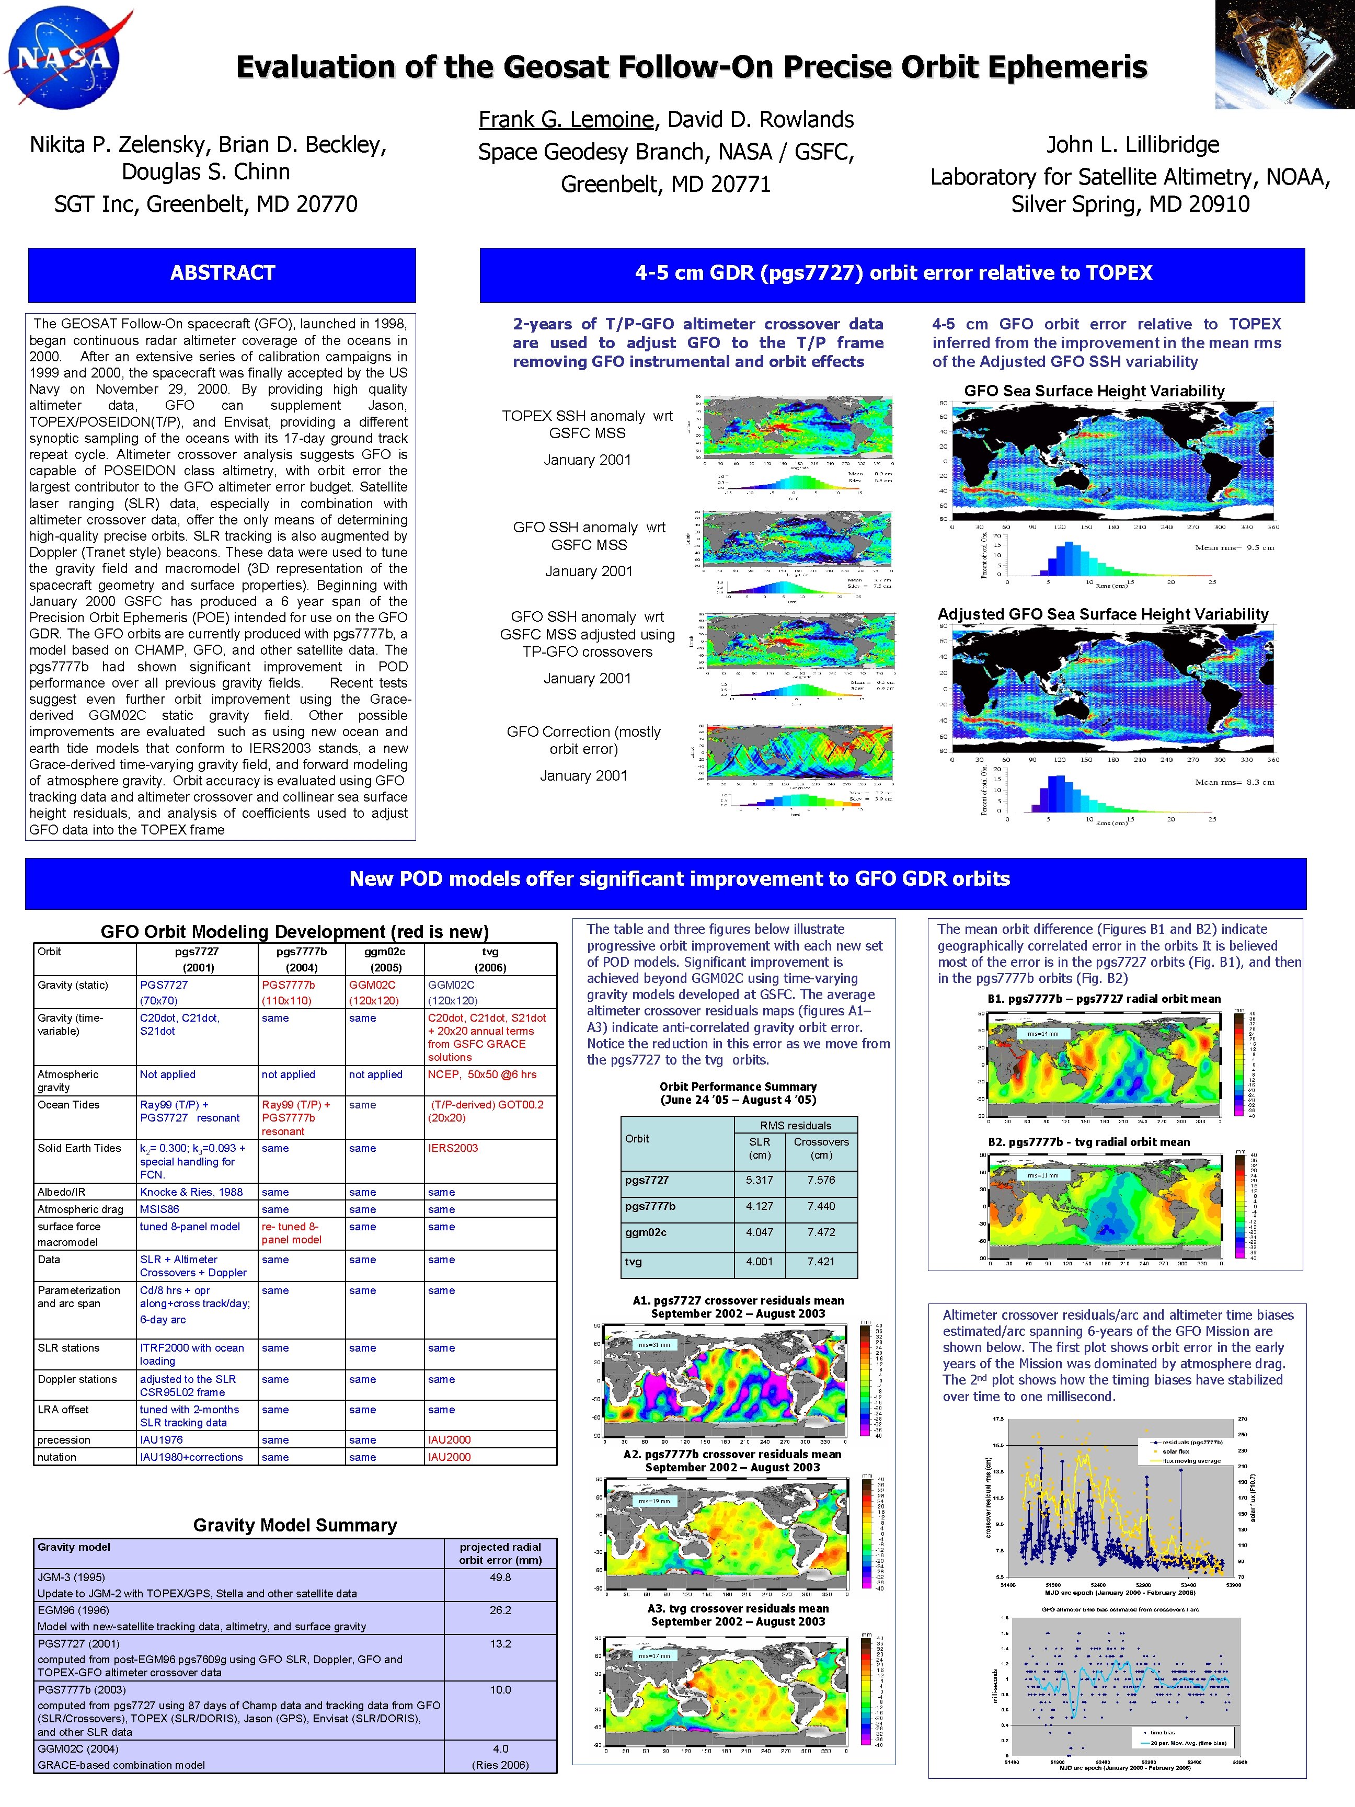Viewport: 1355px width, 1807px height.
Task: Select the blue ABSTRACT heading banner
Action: click(x=222, y=273)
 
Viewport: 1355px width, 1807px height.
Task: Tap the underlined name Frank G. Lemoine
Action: click(x=566, y=120)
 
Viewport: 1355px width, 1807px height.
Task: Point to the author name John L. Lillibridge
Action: click(x=1133, y=145)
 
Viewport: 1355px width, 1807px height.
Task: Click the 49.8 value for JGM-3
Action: click(x=501, y=1577)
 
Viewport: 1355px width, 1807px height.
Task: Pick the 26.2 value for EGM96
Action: click(x=501, y=1610)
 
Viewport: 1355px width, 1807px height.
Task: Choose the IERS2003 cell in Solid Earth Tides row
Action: click(x=453, y=1148)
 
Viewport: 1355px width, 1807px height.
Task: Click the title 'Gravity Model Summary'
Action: click(x=295, y=1525)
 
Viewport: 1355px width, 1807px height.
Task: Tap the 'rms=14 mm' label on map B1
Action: click(x=1043, y=1034)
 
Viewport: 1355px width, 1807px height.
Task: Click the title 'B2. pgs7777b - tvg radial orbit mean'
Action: click(x=1089, y=1142)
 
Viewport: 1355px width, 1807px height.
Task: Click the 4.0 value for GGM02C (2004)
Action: click(x=501, y=1749)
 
